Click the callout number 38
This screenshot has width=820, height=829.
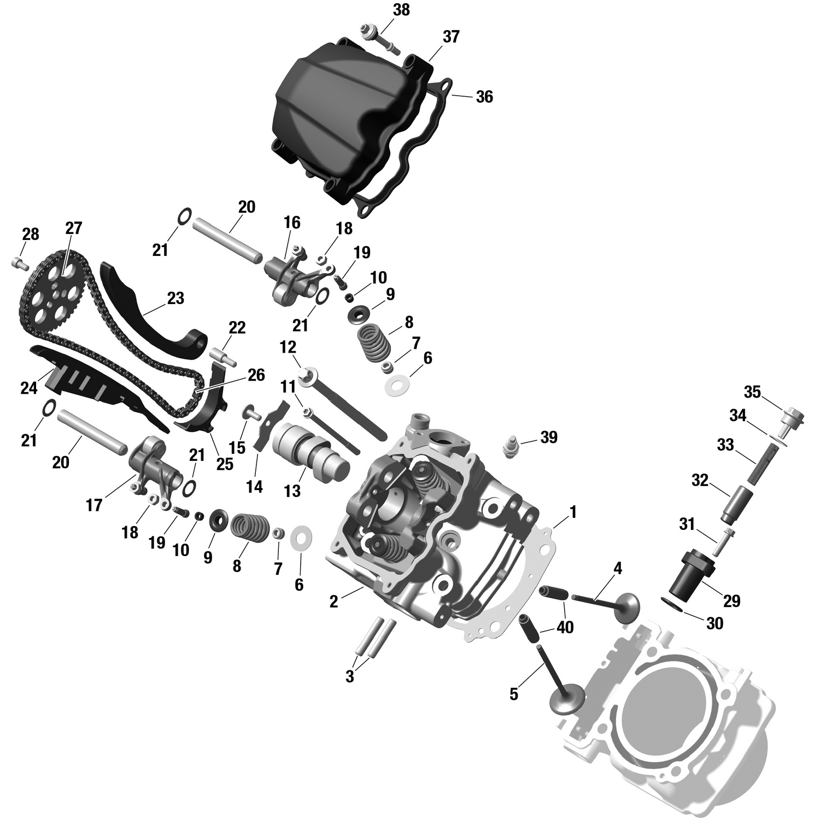tap(401, 10)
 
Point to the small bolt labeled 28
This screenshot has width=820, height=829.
tap(20, 264)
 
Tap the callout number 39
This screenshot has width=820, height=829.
tap(549, 437)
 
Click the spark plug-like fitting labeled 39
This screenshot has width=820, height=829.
tap(511, 447)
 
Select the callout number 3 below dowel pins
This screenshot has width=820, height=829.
tap(350, 676)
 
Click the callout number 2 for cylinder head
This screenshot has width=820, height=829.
tap(333, 602)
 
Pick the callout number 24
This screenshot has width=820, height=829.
tap(29, 388)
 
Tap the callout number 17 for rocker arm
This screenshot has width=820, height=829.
tap(94, 505)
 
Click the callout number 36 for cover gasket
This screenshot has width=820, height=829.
tap(484, 97)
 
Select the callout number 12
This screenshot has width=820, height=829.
tap(288, 347)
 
